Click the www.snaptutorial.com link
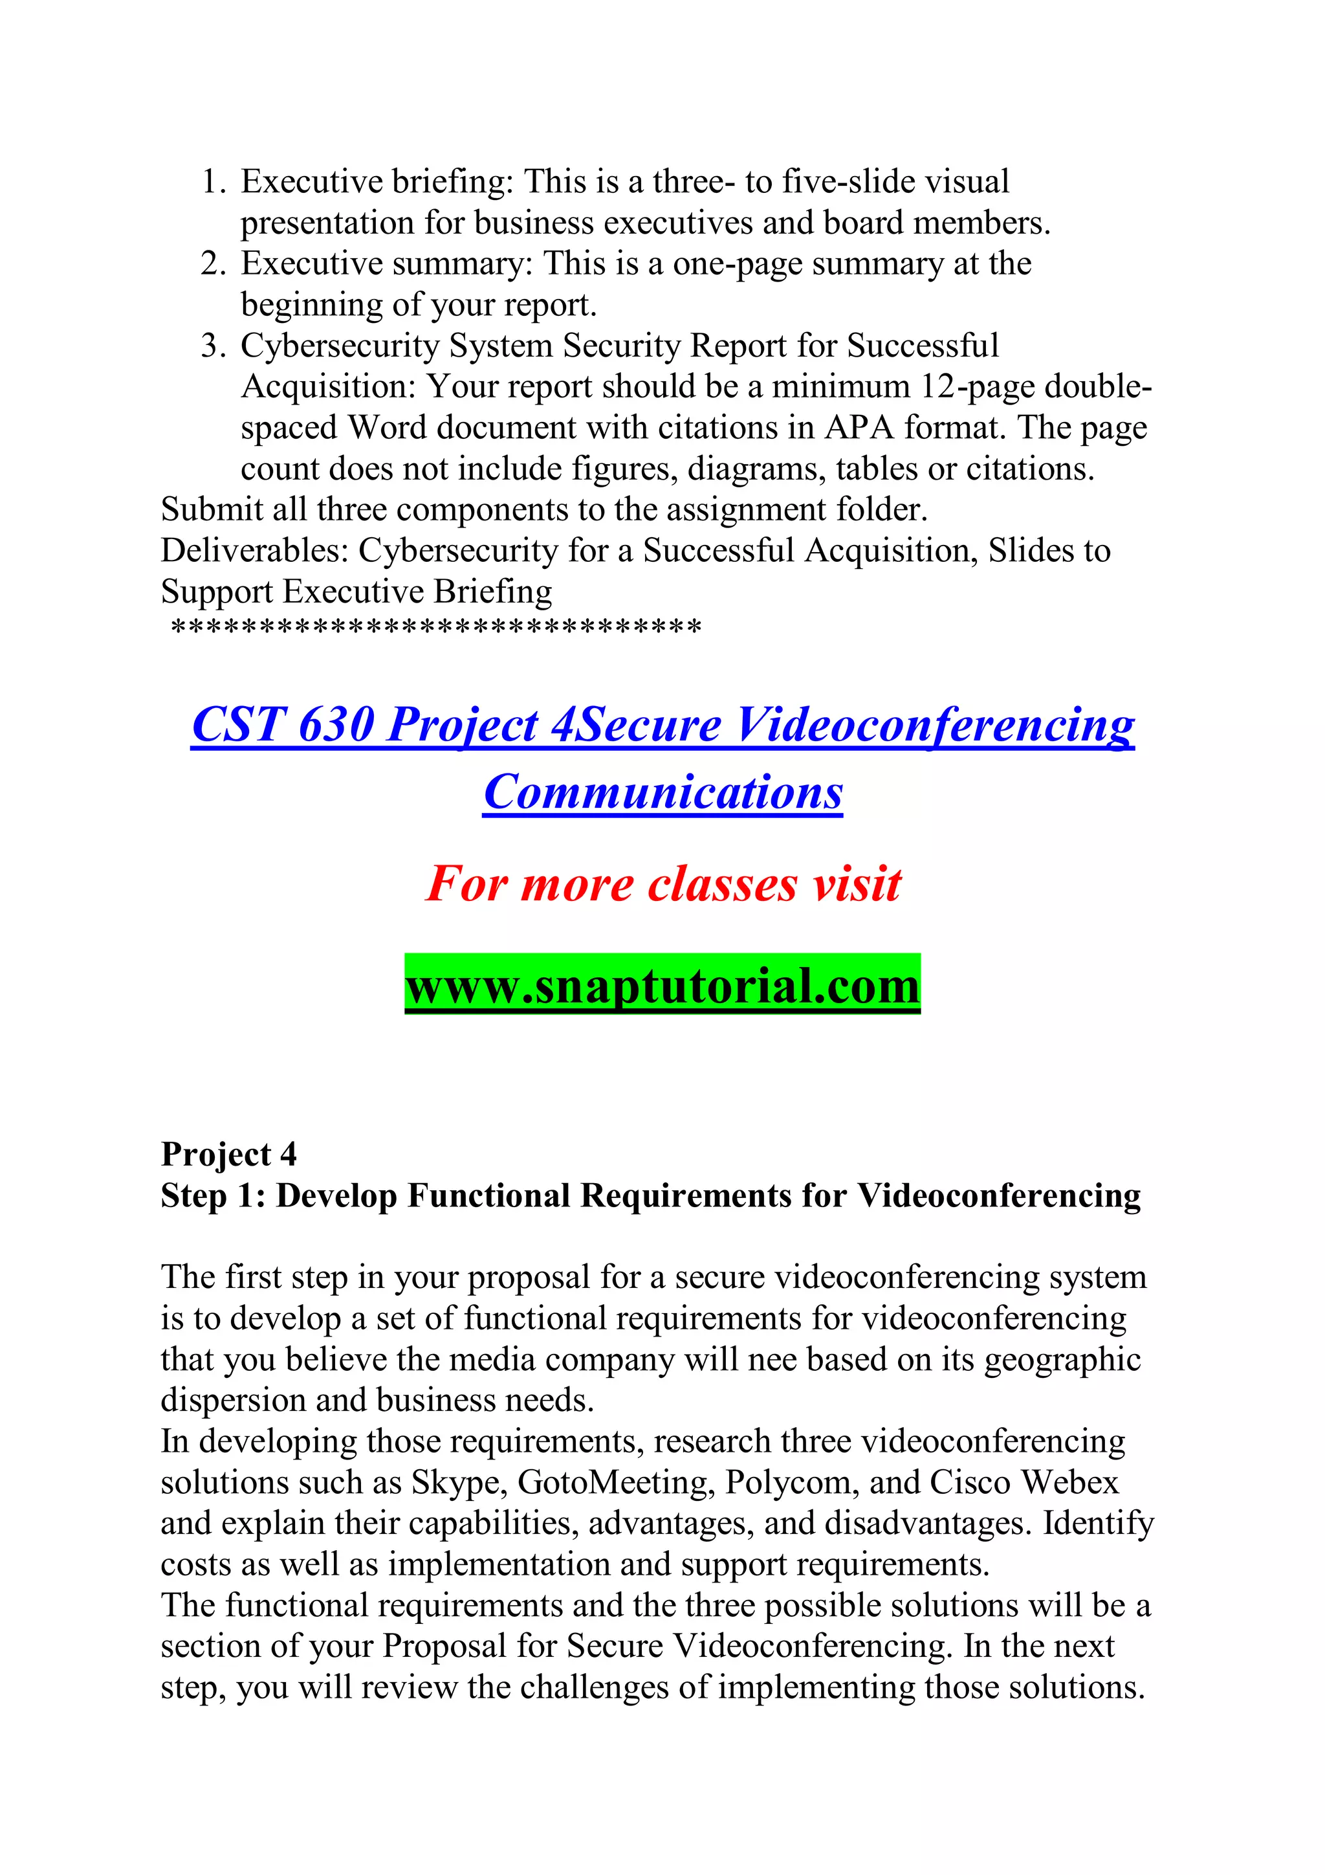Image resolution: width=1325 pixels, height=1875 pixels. (x=662, y=986)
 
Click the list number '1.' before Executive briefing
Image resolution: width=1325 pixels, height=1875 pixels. (x=214, y=182)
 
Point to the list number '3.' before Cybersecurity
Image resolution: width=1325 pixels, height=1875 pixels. (x=214, y=346)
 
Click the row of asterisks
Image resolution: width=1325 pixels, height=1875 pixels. (x=436, y=628)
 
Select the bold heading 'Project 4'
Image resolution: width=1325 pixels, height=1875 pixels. (x=228, y=1155)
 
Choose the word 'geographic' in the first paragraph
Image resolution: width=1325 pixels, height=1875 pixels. (x=1061, y=1360)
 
